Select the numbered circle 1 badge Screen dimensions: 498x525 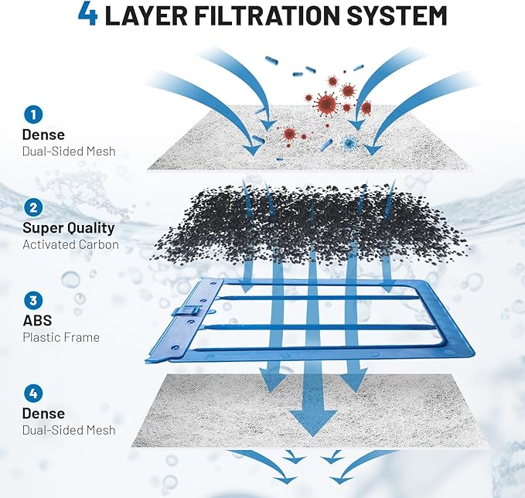(32, 115)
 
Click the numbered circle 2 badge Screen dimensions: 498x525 (32, 207)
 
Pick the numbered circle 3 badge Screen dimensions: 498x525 (32, 300)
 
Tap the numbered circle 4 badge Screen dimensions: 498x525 (32, 393)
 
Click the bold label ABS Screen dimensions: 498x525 (36, 321)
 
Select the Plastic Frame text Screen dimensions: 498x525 (60, 337)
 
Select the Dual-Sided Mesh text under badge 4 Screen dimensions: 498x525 (69, 430)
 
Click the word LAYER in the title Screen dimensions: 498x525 (144, 15)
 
